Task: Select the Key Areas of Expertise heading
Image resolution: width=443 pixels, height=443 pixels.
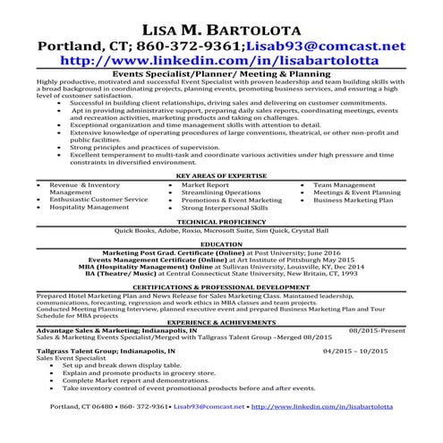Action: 221,175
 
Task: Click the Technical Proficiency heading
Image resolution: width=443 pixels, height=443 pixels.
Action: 221,220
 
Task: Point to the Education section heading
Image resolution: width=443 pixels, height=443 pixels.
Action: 221,243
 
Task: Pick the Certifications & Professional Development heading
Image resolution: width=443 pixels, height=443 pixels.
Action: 221,286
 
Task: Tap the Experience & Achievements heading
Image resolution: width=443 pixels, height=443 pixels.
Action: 221,320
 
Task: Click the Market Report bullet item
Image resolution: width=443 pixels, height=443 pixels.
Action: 205,184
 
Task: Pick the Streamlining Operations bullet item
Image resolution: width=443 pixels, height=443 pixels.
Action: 221,192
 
